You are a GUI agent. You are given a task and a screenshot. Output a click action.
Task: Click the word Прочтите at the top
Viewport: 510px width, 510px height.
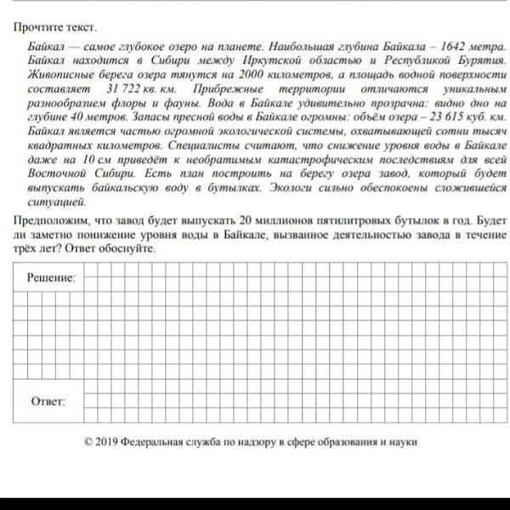37,28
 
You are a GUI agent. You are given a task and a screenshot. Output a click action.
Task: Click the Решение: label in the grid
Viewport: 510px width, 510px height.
50,278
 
